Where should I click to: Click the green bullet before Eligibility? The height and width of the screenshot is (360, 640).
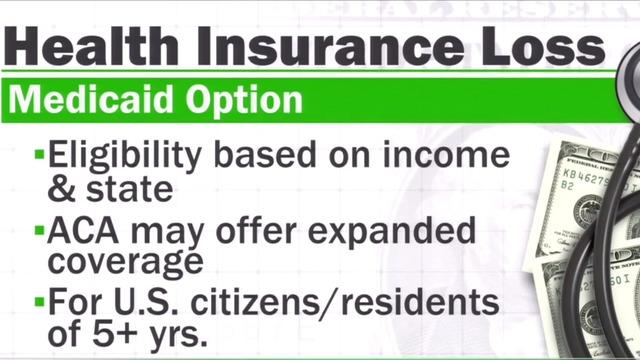tap(39, 155)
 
